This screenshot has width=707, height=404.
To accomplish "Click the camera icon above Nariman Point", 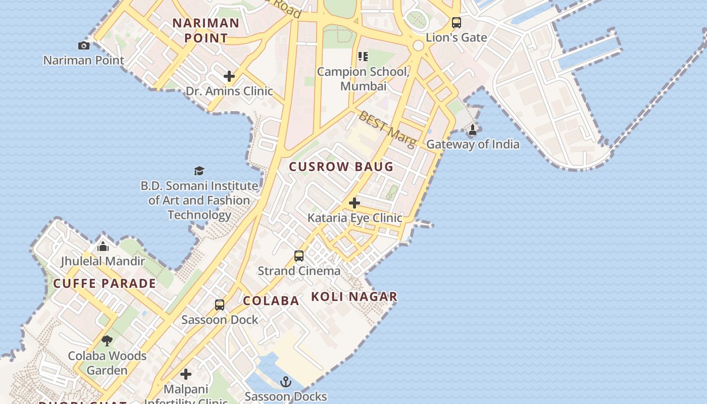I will tap(84, 46).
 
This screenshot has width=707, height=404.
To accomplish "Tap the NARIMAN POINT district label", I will tap(206, 30).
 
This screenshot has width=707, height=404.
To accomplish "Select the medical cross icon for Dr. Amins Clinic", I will tap(229, 76).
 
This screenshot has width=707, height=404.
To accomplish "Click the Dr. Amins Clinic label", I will tap(229, 91).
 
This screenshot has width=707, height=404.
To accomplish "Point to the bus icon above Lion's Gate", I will tap(457, 23).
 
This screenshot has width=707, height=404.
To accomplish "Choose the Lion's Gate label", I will tap(457, 37).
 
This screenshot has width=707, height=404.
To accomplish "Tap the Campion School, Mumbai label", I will tap(363, 79).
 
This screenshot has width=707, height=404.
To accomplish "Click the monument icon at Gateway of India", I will tap(473, 130).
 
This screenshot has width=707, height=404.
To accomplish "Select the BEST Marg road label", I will tap(387, 129).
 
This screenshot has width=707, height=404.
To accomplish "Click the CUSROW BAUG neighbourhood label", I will tap(341, 167).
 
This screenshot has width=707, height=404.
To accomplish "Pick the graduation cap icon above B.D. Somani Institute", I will tap(199, 171).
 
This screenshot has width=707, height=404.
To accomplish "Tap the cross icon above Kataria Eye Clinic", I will tap(355, 203).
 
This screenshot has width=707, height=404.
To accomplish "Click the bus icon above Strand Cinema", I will tap(299, 256).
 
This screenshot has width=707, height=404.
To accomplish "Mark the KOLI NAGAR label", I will tap(354, 297).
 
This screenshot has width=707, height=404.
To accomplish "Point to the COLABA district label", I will tap(271, 301).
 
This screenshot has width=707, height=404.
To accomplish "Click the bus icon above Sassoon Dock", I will tap(220, 305).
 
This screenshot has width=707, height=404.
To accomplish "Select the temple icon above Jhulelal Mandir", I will tap(103, 246).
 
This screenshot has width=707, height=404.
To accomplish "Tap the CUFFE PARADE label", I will tap(105, 283).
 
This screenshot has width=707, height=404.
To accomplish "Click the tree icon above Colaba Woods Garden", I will tap(107, 341).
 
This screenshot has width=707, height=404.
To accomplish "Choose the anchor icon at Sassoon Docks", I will tap(286, 382).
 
